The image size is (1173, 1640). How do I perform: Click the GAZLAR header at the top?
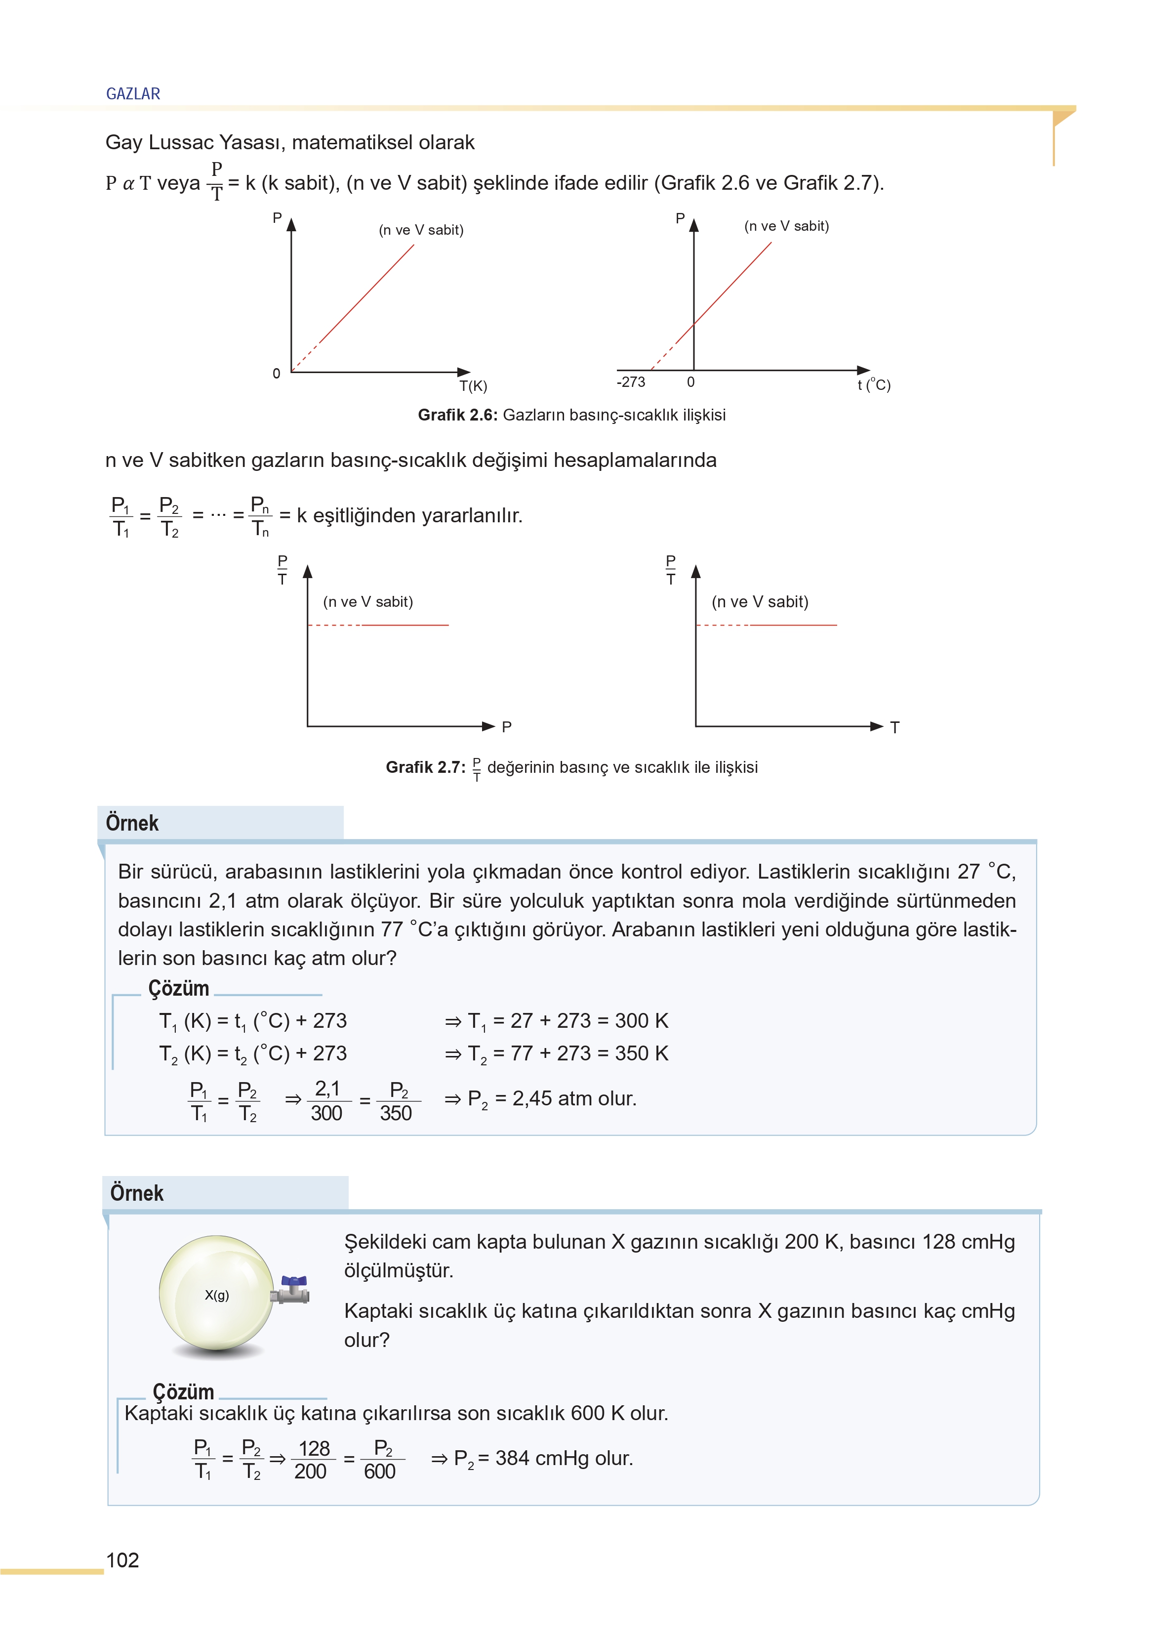[133, 94]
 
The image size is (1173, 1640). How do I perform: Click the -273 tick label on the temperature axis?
[631, 382]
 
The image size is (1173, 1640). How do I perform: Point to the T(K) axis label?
[474, 386]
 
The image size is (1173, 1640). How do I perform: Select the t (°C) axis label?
[874, 385]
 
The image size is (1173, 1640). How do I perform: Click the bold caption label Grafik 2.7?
[425, 767]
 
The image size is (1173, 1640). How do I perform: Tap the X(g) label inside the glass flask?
[217, 1296]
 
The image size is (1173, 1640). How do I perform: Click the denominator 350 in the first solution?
[396, 1113]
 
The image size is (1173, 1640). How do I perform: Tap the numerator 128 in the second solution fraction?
[314, 1449]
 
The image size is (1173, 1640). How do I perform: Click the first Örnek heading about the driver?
[132, 823]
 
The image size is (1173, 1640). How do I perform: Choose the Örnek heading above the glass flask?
[136, 1193]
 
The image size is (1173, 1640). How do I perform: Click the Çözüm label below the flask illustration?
[183, 1391]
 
